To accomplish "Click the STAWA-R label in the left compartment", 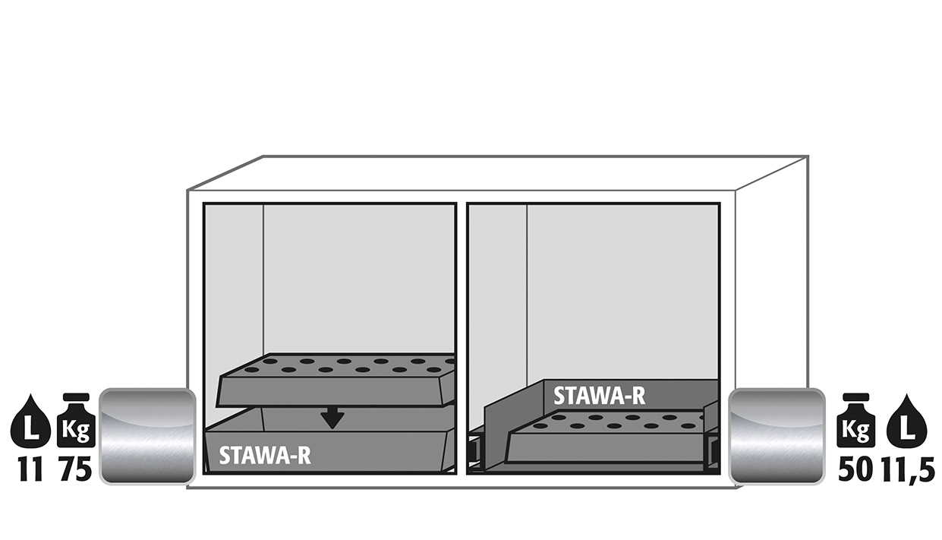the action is [265, 455].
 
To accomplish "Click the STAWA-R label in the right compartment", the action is [599, 396].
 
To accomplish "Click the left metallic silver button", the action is [147, 436].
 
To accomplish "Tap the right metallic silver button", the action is [777, 436].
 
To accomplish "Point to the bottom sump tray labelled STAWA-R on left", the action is [328, 446].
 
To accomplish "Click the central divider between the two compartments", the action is [462, 339].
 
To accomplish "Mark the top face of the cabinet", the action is [496, 173].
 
